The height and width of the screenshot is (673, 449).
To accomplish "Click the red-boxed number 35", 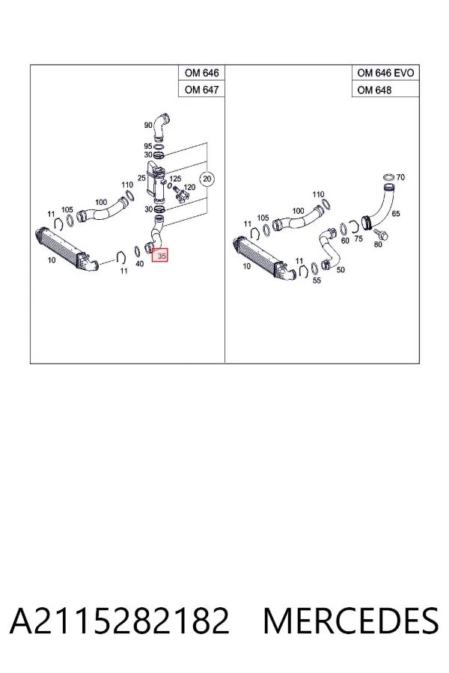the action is pyautogui.click(x=162, y=256).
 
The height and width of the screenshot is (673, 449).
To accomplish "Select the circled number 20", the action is pyautogui.click(x=207, y=179).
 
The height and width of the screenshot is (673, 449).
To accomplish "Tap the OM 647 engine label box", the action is pyautogui.click(x=201, y=90).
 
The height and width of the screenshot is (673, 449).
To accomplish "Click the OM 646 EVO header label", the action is pyautogui.click(x=385, y=73).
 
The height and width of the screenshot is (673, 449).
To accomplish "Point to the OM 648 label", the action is pyautogui.click(x=374, y=90).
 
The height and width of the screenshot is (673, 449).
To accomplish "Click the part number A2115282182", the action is pyautogui.click(x=120, y=620).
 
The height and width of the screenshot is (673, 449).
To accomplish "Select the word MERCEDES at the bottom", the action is pyautogui.click(x=351, y=620).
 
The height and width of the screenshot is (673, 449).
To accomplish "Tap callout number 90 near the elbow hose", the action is pyautogui.click(x=148, y=126).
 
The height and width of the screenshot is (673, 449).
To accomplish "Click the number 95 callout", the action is pyautogui.click(x=148, y=147).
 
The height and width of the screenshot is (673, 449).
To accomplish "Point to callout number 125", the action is pyautogui.click(x=175, y=179).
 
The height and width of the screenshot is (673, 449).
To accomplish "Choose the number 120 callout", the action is pyautogui.click(x=189, y=187).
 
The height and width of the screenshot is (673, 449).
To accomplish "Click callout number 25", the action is pyautogui.click(x=141, y=178).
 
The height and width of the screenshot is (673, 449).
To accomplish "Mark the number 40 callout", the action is pyautogui.click(x=140, y=263).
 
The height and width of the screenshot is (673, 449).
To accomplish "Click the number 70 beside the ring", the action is pyautogui.click(x=400, y=176).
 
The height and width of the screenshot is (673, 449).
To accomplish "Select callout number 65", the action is pyautogui.click(x=396, y=213).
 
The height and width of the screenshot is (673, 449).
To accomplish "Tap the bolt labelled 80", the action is pyautogui.click(x=381, y=234).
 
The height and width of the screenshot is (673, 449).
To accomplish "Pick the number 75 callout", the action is pyautogui.click(x=358, y=239).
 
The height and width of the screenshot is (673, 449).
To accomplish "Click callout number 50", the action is pyautogui.click(x=340, y=269).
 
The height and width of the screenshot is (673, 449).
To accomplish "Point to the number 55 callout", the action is pyautogui.click(x=317, y=280).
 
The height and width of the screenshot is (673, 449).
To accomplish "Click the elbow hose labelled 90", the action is pyautogui.click(x=162, y=126).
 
